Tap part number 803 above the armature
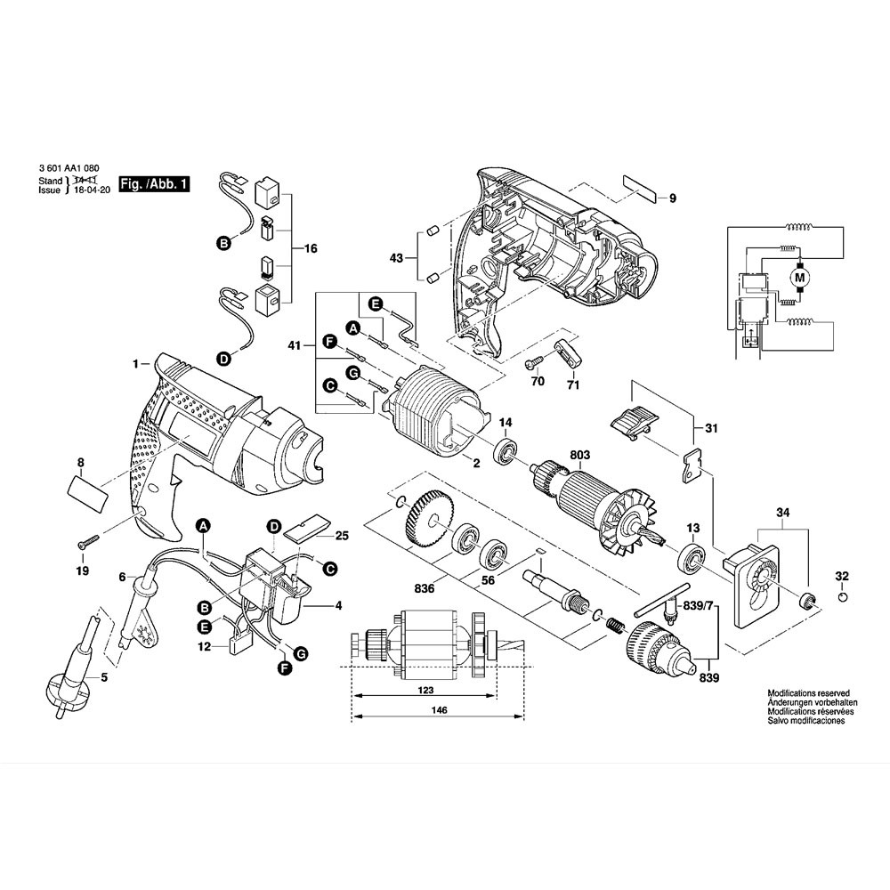pyautogui.click(x=580, y=455)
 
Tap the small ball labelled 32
pyautogui.click(x=843, y=598)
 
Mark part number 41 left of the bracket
pyautogui.click(x=295, y=345)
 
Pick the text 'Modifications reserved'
pyautogui.click(x=808, y=692)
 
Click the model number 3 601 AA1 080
pyautogui.click(x=69, y=169)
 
